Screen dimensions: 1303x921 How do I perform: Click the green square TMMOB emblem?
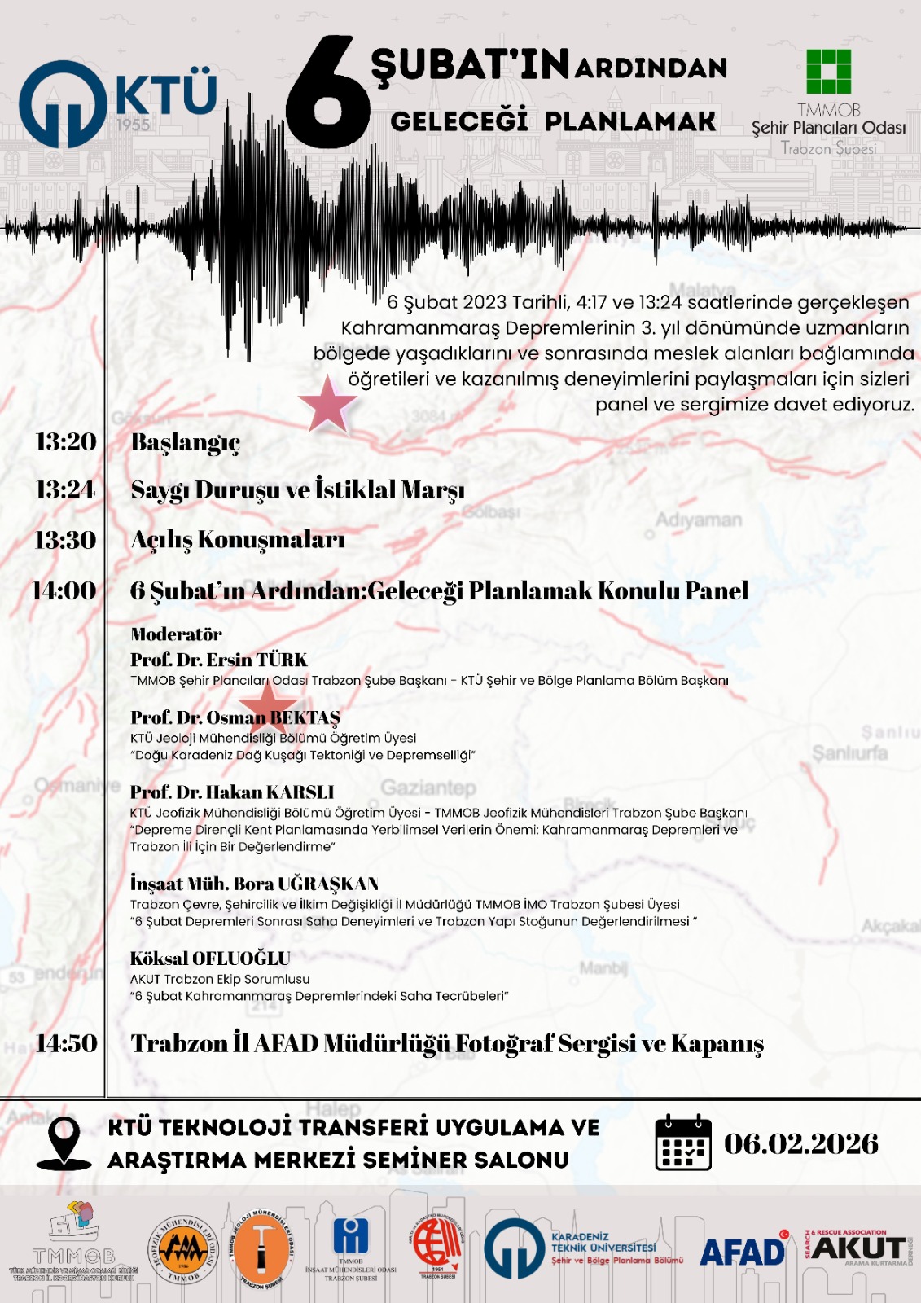point(828,72)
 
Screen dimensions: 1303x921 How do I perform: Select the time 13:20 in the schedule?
point(66,441)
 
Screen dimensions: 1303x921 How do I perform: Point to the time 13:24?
point(66,489)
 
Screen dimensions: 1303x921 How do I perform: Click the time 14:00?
point(64,590)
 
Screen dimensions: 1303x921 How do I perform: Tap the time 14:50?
point(67,1043)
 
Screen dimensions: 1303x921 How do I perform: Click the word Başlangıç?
point(186,442)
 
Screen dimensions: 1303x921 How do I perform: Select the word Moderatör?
point(176,634)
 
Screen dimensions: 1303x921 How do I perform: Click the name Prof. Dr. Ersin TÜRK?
point(219,660)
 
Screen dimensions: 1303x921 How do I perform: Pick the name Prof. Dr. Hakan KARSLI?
point(232,792)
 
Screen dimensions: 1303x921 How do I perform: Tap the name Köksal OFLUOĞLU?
point(210,959)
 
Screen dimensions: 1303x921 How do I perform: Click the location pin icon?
point(64,1142)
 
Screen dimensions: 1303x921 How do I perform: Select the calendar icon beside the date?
point(683,1143)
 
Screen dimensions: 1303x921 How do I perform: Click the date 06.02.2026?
point(801,1143)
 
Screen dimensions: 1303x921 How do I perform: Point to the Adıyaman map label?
point(699,520)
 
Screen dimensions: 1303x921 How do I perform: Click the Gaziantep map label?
point(428,788)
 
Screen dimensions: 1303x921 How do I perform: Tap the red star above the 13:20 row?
point(327,403)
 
